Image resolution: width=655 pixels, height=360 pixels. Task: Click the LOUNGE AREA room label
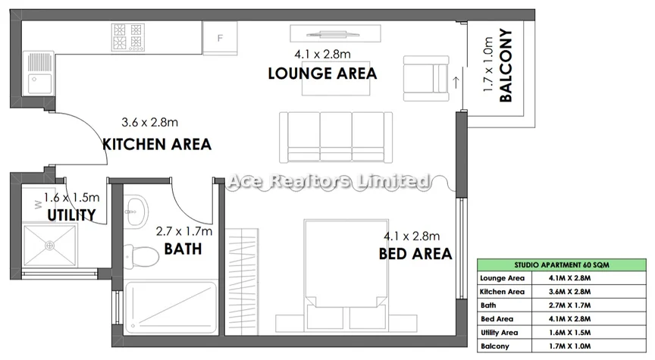(x=322, y=74)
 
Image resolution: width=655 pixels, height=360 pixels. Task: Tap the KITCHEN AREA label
(x=157, y=145)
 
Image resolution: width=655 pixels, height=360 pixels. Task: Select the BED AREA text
(x=415, y=254)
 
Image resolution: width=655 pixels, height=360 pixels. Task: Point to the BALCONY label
(x=506, y=65)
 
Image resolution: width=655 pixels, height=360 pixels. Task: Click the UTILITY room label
(x=71, y=215)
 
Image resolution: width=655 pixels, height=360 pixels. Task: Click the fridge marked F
(x=220, y=38)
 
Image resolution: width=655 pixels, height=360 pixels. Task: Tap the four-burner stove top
(x=128, y=38)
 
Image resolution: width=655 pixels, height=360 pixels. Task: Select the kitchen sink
(x=39, y=74)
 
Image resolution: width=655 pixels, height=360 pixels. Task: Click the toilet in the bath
(x=142, y=256)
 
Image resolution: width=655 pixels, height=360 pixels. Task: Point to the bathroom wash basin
(x=136, y=211)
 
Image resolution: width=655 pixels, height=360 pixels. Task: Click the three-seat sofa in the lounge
(x=335, y=137)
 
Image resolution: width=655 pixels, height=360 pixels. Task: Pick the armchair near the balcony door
(x=426, y=79)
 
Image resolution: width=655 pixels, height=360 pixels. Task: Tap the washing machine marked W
(x=39, y=205)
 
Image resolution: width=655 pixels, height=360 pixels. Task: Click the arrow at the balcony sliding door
(x=456, y=83)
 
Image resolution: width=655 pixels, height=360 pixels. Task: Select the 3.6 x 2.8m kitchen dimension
(x=149, y=122)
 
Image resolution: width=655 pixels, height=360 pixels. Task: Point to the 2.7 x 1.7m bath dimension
(x=183, y=231)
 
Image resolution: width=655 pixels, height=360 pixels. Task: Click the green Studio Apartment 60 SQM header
(x=562, y=265)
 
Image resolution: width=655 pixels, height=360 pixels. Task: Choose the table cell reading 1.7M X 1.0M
(x=570, y=346)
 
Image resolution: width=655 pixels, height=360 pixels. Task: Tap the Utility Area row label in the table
(x=499, y=333)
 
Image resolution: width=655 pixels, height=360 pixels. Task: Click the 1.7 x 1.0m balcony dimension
(x=488, y=64)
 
